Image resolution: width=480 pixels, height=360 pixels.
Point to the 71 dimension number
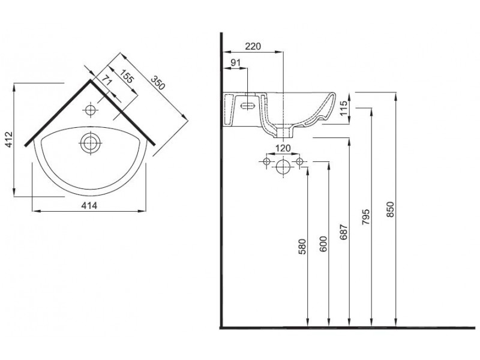107,80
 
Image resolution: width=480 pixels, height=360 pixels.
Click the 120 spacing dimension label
283,148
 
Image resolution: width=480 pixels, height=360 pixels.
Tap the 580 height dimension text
302,247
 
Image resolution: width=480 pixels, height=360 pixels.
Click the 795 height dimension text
366,214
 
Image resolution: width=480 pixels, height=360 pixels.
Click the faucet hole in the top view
91,110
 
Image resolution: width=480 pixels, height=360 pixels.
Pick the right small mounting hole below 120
299,161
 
